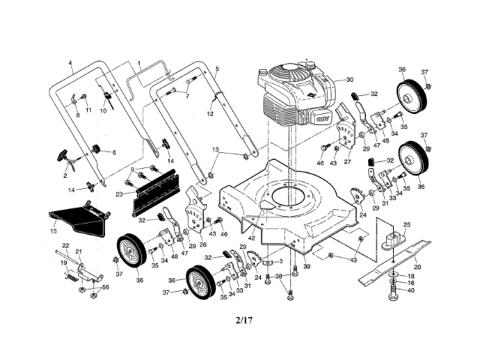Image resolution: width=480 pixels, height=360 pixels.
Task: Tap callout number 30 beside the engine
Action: pos(349,80)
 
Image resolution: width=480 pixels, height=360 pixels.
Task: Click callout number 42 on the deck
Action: pos(253,238)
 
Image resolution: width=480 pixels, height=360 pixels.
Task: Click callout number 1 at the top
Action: pos(139,64)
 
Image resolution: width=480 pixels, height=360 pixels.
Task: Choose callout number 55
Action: pos(106,287)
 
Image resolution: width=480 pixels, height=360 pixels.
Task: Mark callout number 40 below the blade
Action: pos(410,290)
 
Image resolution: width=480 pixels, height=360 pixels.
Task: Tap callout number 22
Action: pos(66,246)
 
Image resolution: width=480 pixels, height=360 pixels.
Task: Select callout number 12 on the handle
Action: pos(211,113)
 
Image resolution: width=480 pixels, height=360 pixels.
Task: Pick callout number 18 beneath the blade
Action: pos(410,276)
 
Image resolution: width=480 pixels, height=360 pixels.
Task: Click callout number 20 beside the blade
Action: pos(418,266)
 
